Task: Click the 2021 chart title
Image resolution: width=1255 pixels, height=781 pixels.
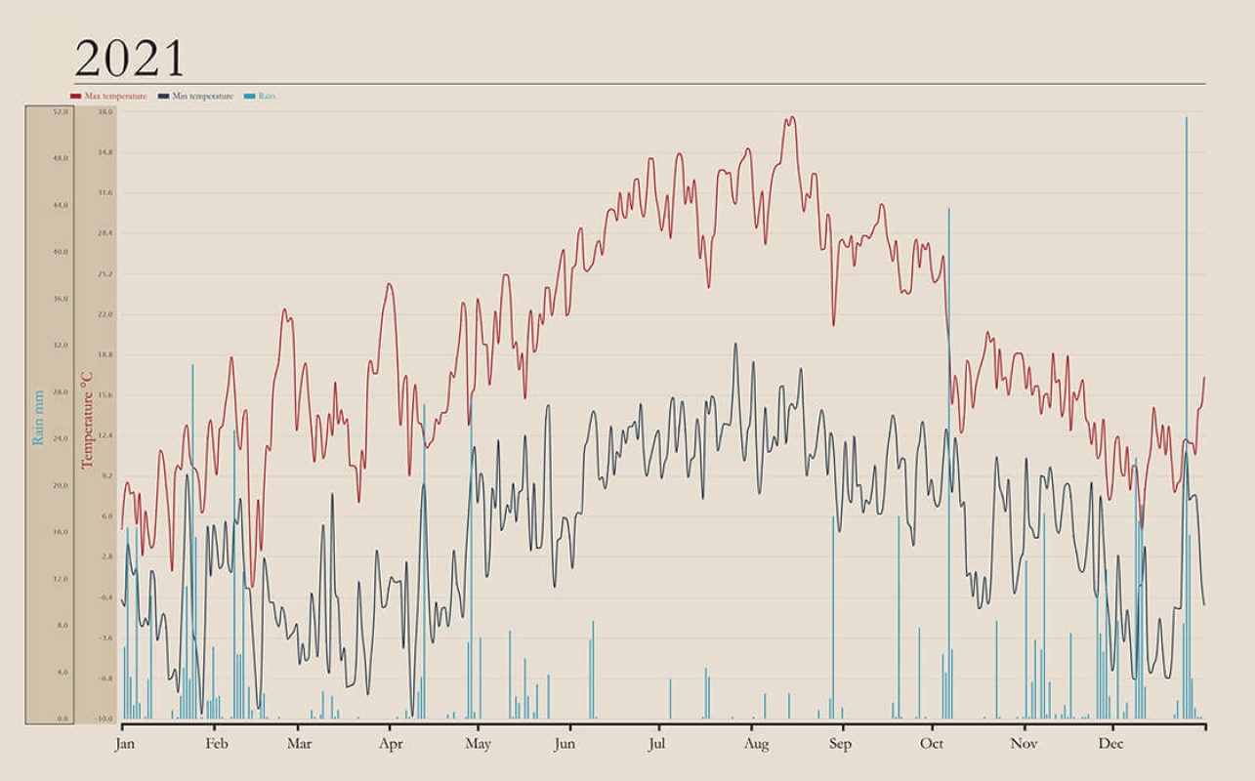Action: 129,60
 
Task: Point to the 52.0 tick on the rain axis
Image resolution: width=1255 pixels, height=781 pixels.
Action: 62,112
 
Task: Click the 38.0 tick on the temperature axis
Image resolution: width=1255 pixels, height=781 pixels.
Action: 105,112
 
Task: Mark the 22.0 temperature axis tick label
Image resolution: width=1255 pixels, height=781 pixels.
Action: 105,314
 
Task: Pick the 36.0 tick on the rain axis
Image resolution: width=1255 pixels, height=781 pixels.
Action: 62,299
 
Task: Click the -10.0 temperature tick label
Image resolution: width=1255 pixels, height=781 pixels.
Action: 104,719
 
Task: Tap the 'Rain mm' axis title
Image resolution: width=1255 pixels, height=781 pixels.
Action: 39,418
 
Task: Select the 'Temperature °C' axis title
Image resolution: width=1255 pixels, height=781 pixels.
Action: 87,418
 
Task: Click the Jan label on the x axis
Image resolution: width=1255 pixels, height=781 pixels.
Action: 124,744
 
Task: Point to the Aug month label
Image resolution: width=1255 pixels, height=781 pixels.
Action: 756,744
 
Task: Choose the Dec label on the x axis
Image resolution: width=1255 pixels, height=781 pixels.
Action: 1110,744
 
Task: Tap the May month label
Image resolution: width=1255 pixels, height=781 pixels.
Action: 478,744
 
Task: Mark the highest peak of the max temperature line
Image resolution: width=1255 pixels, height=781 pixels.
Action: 792,118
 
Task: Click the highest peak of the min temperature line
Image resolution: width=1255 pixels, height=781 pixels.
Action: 735,344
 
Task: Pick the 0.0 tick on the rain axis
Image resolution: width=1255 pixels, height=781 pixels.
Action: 62,719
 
